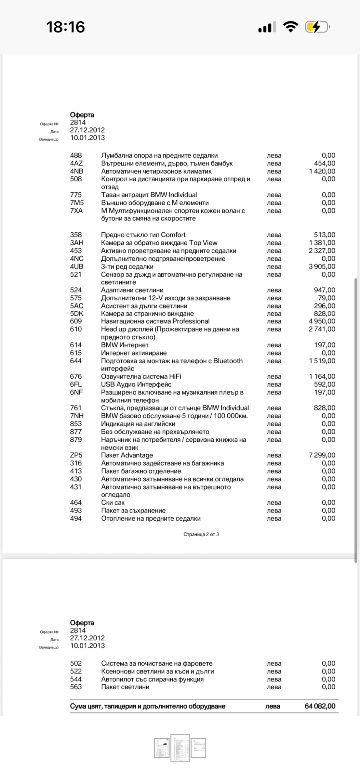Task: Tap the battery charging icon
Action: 317,27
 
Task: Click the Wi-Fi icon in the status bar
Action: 290,27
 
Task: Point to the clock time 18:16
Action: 66,27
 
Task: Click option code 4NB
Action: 77,171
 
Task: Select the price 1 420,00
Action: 322,171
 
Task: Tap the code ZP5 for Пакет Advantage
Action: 76,455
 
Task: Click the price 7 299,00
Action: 322,455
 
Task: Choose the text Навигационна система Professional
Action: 155,321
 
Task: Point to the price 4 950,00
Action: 322,321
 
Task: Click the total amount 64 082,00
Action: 320,706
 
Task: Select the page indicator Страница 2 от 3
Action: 201,534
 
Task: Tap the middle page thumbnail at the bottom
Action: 180,748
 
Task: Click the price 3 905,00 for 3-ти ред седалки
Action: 322,266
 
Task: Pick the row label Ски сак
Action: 113,503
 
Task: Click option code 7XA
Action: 76,211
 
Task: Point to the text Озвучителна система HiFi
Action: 141,376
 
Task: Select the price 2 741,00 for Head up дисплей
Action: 322,329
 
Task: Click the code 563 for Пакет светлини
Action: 76,687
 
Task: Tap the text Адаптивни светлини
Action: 132,290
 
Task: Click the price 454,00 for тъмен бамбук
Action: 325,163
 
